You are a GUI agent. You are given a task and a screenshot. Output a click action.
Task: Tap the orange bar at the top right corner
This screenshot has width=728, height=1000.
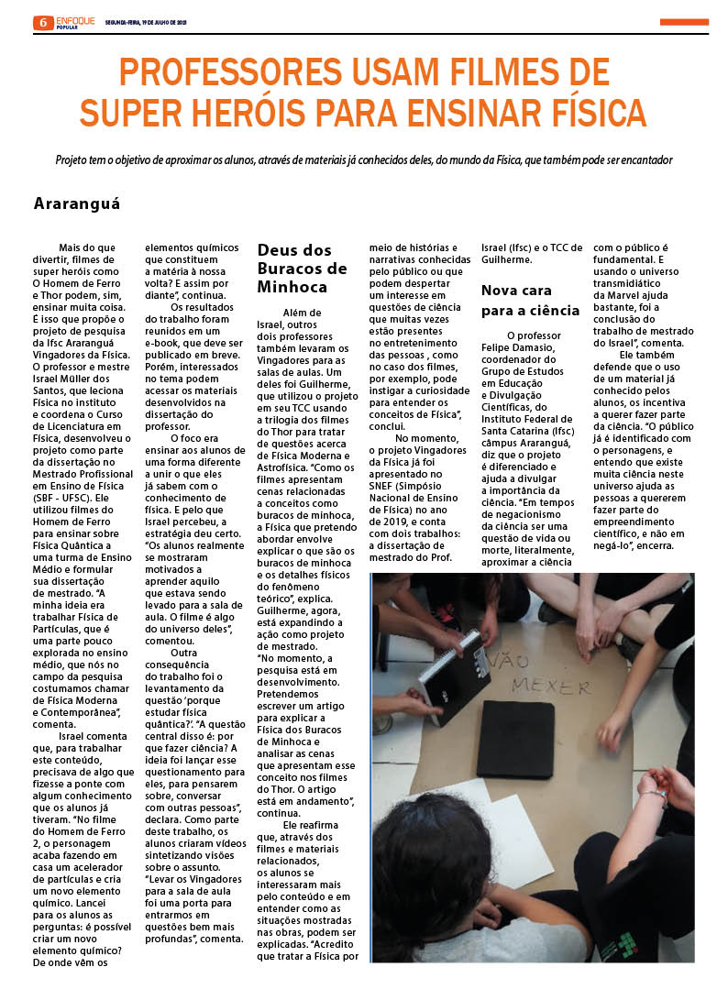[x=684, y=22]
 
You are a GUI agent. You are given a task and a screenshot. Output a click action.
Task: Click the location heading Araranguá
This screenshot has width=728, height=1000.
[x=77, y=203]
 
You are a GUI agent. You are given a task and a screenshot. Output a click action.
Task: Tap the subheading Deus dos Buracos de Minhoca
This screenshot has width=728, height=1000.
[x=302, y=268]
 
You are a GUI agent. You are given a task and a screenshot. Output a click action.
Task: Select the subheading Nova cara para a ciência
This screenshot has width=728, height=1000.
[x=530, y=300]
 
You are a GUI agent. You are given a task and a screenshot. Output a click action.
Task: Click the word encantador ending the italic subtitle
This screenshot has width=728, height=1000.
[x=642, y=159]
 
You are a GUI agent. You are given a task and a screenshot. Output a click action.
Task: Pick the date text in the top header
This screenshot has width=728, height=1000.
[x=147, y=23]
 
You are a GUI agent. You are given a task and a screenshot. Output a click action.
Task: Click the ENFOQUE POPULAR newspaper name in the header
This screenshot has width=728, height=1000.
[x=74, y=22]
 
